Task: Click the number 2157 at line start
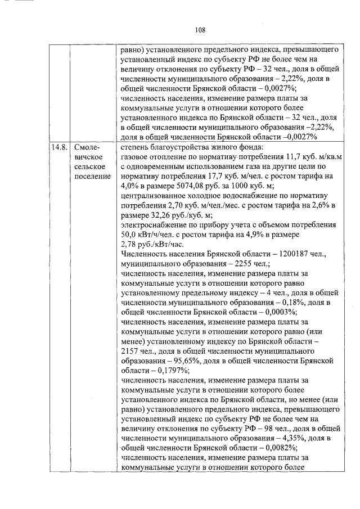(x=130, y=351)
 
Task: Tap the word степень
(x=134, y=147)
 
